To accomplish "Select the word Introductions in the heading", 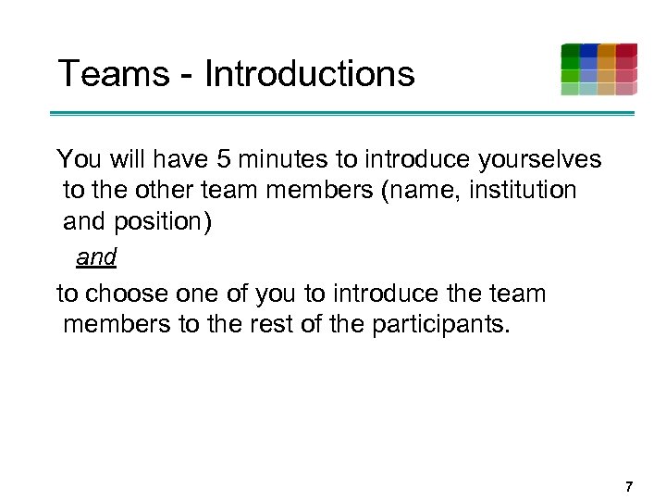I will pos(309,73).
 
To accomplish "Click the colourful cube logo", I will pos(598,69).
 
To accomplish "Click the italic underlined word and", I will pos(96,257).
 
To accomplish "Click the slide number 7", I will pos(629,486).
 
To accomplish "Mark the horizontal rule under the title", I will pos(341,114).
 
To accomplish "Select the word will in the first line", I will pos(115,160).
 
